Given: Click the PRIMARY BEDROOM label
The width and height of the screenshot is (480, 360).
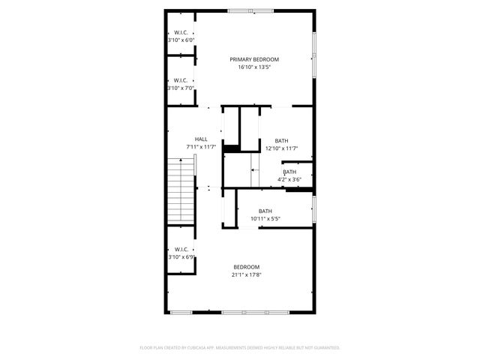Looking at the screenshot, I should click(x=254, y=59).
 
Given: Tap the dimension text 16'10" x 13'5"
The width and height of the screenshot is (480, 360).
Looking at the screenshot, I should click(x=254, y=67).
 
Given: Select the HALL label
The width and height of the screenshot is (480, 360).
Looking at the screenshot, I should click(x=201, y=139).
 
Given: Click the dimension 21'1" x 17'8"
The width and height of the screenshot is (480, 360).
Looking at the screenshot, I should click(x=246, y=274).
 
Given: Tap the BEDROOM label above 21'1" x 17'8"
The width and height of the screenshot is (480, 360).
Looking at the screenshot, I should click(x=246, y=267).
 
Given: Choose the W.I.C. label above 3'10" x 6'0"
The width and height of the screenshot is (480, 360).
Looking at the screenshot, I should click(x=181, y=32).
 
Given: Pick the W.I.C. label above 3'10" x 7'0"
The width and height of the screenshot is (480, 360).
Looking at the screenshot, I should click(x=181, y=80).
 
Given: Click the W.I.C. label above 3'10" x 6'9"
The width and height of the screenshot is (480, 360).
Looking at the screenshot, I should click(x=181, y=250).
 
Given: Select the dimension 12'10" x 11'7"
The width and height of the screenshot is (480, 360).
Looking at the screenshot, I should click(x=281, y=148).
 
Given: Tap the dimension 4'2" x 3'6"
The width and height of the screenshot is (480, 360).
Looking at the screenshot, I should click(x=289, y=179).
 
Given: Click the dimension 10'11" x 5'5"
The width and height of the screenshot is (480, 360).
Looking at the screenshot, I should click(x=265, y=218).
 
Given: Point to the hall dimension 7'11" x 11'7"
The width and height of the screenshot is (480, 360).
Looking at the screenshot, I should click(x=201, y=147).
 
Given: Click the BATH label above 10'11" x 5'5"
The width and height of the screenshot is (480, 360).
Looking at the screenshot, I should click(x=265, y=211).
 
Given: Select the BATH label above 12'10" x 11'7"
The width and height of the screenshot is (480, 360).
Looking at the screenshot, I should click(x=281, y=140).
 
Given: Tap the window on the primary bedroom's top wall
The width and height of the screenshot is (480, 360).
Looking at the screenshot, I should click(x=251, y=10).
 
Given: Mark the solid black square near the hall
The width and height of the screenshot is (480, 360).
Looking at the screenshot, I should click(x=231, y=148).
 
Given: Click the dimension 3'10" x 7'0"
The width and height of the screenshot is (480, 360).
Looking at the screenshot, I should click(x=181, y=88).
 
